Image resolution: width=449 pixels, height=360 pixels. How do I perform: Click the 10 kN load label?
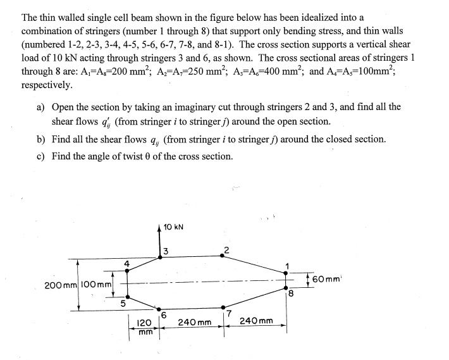tap(174, 227)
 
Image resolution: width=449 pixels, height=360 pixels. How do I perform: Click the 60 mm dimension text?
tap(326, 278)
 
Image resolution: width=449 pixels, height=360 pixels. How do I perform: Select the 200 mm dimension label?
tap(57, 285)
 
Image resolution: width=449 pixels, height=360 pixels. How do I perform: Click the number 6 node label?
tap(164, 314)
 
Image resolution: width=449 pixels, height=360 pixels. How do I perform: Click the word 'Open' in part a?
tap(65, 107)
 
